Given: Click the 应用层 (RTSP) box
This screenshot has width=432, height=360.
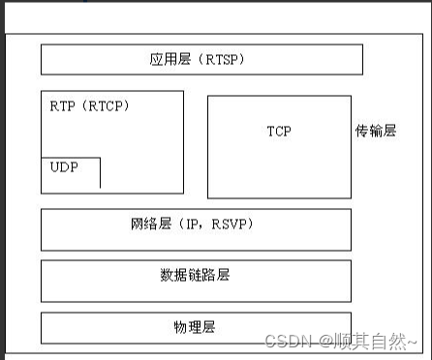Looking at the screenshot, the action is [201, 59].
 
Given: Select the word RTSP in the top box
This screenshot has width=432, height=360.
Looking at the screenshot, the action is [224, 60].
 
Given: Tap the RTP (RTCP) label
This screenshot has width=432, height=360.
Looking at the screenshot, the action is [89, 105].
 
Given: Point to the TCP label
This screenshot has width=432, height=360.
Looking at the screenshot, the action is [279, 130].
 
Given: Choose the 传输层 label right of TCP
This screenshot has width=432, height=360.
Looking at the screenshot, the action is [376, 130].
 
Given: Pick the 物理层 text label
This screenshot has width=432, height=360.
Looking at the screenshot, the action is [195, 328].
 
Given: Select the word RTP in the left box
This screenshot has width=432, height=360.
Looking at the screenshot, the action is [61, 105].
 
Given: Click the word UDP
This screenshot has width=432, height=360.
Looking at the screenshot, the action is [65, 166].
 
